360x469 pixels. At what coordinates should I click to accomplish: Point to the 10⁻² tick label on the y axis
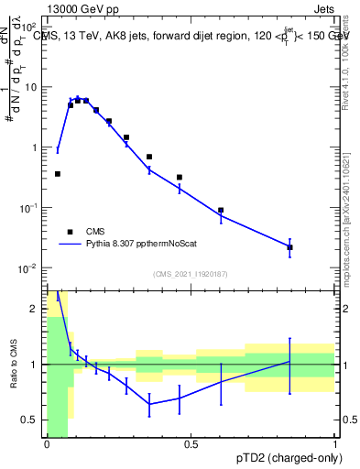click(x=27, y=268)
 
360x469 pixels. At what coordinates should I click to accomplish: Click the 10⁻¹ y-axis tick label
click(x=27, y=208)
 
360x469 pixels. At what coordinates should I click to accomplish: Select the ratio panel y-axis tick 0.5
click(x=31, y=420)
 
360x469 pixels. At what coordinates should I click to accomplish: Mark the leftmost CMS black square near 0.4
click(x=58, y=173)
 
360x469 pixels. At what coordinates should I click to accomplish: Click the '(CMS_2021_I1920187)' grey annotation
click(x=190, y=274)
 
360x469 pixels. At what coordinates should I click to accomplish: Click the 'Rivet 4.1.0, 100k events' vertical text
click(x=345, y=57)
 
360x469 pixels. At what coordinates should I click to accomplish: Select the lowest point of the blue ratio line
click(x=149, y=404)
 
